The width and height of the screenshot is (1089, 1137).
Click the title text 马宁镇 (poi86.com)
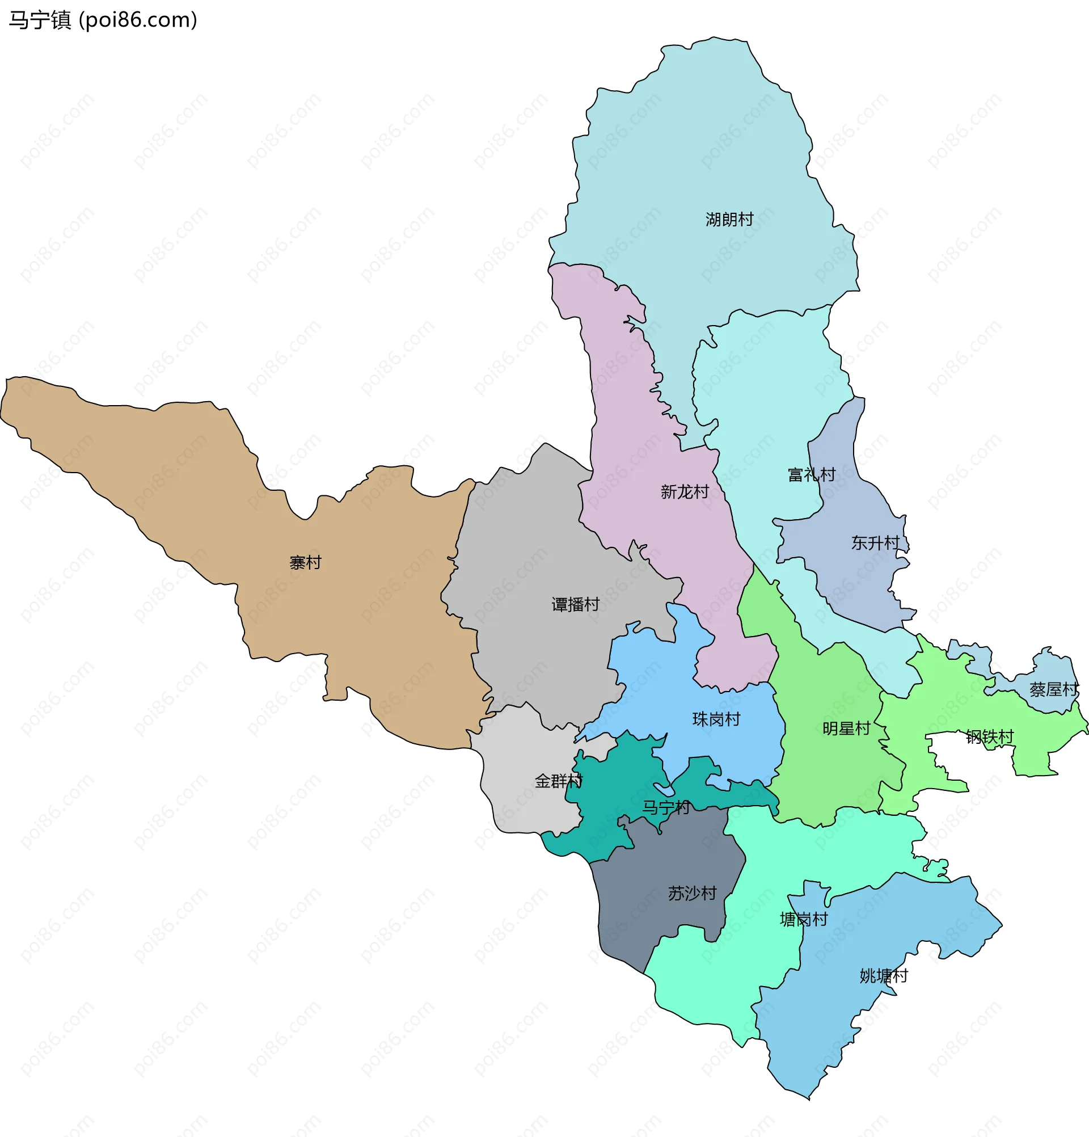coord(103,20)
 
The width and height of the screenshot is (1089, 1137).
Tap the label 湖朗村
coord(729,219)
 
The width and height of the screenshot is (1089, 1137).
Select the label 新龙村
coord(684,492)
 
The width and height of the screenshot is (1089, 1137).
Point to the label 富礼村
coord(811,474)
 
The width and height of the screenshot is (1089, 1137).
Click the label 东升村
coord(875,543)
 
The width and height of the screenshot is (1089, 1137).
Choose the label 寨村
coord(305,562)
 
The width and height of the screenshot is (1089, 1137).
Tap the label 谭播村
coord(575,604)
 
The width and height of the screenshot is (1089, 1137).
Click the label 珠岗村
coord(716,719)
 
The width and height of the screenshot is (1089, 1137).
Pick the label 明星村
coord(846,728)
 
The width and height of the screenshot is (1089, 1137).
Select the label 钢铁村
coord(989,737)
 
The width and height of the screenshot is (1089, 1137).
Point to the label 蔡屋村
coord(1054,689)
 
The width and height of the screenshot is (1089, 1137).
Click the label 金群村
coord(559,781)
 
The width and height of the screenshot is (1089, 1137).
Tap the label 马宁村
coord(666,807)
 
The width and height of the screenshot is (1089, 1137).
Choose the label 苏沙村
coord(692,893)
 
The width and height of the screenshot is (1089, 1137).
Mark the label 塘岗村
coord(803,919)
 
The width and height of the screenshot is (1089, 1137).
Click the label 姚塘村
coord(883,976)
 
